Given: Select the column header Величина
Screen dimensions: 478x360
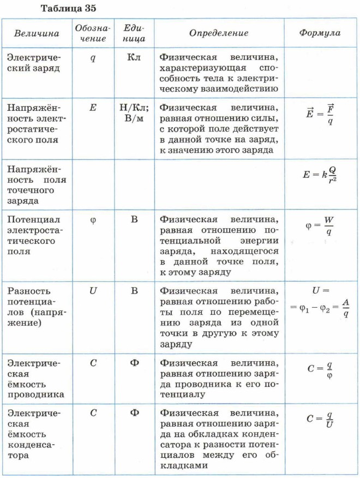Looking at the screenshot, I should click(37, 34).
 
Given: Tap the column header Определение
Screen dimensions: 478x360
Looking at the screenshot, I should click(219, 33).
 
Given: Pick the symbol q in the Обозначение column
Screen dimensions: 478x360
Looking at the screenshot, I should click(93, 58).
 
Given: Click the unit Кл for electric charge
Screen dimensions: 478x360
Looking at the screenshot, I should click(134, 58).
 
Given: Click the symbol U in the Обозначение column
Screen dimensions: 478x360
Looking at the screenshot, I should click(93, 291).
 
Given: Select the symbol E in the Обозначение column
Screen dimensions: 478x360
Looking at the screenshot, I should click(93, 108).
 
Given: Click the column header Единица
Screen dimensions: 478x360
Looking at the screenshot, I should click(134, 33).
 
